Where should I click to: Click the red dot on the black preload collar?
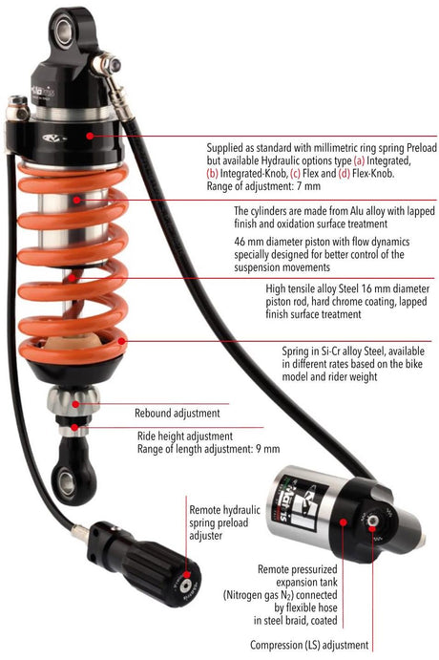point(90,137)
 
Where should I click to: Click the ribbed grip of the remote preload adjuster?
point(141,544)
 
